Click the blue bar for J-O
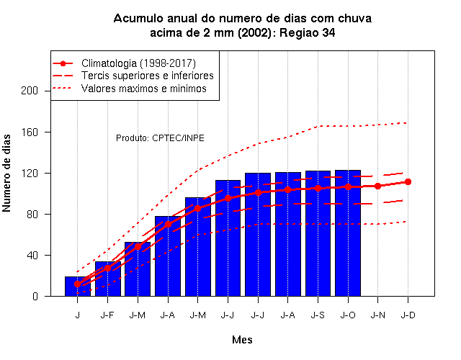pyautogui.click(x=348, y=233)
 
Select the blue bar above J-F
pyautogui.click(x=108, y=279)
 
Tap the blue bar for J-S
pyautogui.click(x=318, y=233)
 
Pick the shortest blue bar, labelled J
pyautogui.click(x=78, y=287)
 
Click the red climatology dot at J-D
pyautogui.click(x=408, y=182)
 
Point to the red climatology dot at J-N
pyautogui.click(x=377, y=186)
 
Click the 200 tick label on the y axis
pyautogui.click(x=30, y=91)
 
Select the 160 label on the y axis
pyautogui.click(x=30, y=132)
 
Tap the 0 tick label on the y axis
pyautogui.click(x=35, y=296)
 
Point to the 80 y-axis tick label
pyautogui.click(x=32, y=215)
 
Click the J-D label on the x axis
pyautogui.click(x=408, y=315)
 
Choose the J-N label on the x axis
pyautogui.click(x=377, y=315)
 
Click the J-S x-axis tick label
pyautogui.click(x=318, y=315)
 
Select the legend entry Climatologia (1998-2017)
pyautogui.click(x=138, y=63)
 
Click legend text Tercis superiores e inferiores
pyautogui.click(x=147, y=76)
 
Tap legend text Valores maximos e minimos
pyautogui.click(x=144, y=89)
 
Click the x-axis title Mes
pyautogui.click(x=242, y=340)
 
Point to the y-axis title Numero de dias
pyautogui.click(x=6, y=173)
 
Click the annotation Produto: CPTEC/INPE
pyautogui.click(x=160, y=138)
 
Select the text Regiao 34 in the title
pyautogui.click(x=308, y=32)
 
